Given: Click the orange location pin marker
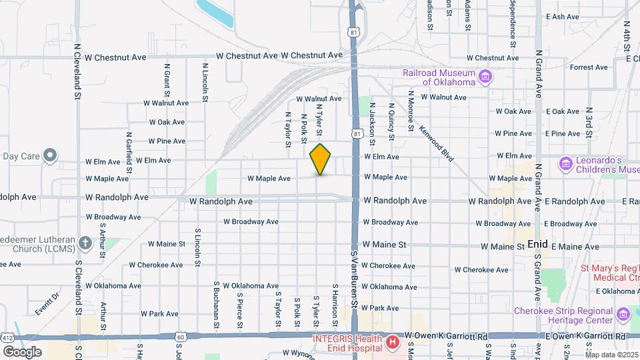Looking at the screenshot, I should point(321,159).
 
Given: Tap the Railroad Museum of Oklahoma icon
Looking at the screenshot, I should point(486,77).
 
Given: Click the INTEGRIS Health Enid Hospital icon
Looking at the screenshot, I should point(393,344).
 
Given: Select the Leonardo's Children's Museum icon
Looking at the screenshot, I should point(566,163).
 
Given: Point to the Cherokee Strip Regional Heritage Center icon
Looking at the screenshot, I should point(624,313).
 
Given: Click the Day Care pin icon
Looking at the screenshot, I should point(50,157).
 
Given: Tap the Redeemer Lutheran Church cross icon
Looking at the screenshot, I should point(85,243).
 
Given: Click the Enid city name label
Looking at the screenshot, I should point(537,245).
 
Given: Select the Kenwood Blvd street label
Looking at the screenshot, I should point(437,146).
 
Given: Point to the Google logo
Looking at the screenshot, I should point(22,351).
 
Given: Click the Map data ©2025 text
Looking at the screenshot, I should point(611,354).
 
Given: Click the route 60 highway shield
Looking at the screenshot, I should point(181,337).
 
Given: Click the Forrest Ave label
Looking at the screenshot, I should point(589,67).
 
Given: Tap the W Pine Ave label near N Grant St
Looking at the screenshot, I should point(167,141).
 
